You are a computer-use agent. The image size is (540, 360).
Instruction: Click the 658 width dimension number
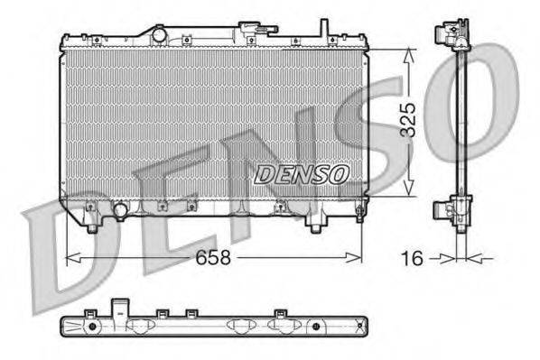(213, 257)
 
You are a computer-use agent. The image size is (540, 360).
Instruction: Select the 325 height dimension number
(408, 120)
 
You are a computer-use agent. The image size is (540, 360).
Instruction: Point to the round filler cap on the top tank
(159, 34)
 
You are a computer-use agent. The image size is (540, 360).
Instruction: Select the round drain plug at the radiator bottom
(119, 211)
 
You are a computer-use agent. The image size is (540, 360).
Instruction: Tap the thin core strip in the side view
(461, 122)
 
